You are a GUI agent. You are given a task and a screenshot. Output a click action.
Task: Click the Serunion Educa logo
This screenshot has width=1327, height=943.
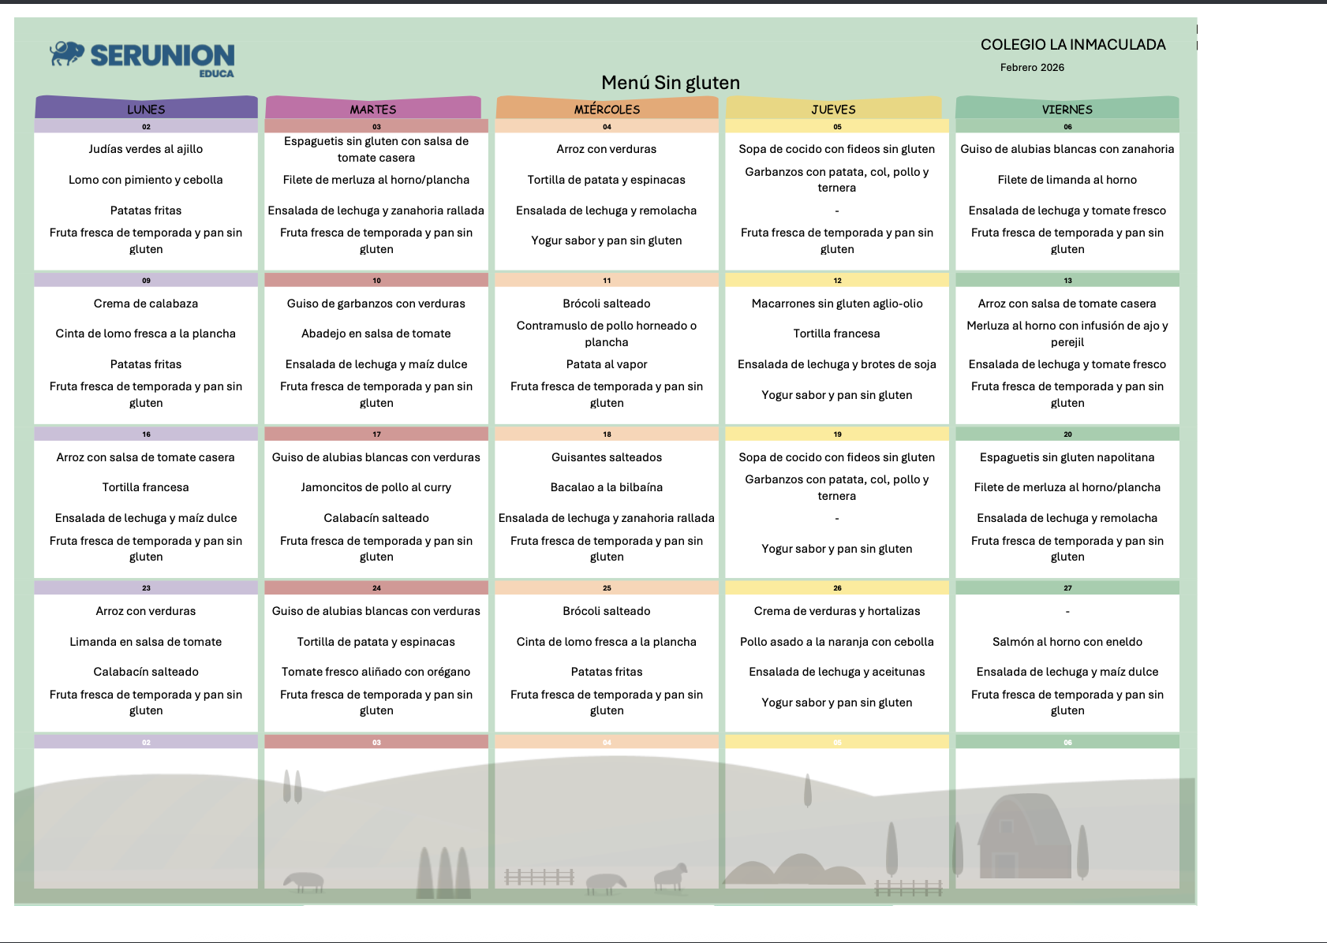pyautogui.click(x=143, y=58)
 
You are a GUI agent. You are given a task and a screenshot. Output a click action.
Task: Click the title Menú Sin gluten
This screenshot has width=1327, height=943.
pyautogui.click(x=670, y=83)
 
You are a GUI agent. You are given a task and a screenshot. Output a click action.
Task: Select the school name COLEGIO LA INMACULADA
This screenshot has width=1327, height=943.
pyautogui.click(x=1072, y=45)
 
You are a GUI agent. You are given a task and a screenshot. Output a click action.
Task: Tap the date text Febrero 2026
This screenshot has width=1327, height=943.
pyautogui.click(x=1031, y=68)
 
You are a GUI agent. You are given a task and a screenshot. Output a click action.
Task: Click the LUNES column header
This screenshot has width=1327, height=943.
pyautogui.click(x=146, y=109)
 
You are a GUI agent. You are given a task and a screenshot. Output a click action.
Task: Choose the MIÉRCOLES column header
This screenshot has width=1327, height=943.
pyautogui.click(x=607, y=109)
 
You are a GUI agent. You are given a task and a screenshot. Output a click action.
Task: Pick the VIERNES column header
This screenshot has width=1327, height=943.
pyautogui.click(x=1067, y=109)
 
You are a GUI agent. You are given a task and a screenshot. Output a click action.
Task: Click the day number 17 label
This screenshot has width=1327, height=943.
pyautogui.click(x=376, y=434)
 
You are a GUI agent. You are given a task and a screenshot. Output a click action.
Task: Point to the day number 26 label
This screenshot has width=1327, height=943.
pyautogui.click(x=837, y=588)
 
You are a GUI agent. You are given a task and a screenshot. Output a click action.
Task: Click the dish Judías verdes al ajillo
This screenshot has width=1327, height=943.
pyautogui.click(x=146, y=149)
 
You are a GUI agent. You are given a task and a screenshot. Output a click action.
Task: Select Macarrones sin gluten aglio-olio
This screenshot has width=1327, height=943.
pyautogui.click(x=836, y=304)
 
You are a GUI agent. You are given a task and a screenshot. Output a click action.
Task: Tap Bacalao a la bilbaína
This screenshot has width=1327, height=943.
pyautogui.click(x=606, y=487)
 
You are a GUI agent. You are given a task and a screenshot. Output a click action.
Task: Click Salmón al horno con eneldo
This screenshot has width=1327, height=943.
pyautogui.click(x=1067, y=642)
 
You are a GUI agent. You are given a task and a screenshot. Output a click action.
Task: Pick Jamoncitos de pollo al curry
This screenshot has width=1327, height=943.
pyautogui.click(x=376, y=487)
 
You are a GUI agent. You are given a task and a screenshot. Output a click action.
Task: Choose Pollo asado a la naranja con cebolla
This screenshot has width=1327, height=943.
pyautogui.click(x=836, y=642)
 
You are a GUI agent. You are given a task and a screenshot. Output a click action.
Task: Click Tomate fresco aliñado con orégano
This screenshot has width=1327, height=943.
pyautogui.click(x=376, y=672)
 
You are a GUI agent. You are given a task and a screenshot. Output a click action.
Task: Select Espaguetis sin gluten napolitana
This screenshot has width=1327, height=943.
pyautogui.click(x=1067, y=457)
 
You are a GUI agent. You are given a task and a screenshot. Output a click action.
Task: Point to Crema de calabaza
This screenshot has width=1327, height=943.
pyautogui.click(x=146, y=304)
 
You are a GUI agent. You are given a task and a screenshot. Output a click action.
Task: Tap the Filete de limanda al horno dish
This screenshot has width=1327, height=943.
pyautogui.click(x=1067, y=180)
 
